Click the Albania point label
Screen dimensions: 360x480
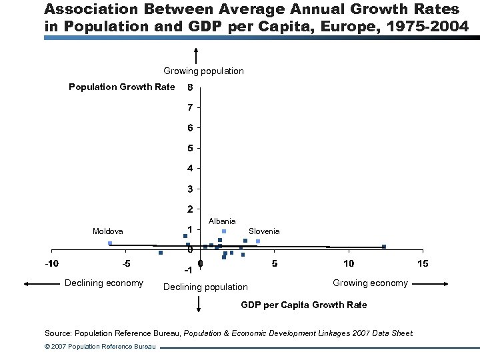coord(222,221)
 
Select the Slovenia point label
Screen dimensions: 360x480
coord(264,231)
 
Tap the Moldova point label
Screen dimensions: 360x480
coord(107,231)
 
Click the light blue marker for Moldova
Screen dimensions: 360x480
coord(110,243)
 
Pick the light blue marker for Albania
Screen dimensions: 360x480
coord(224,231)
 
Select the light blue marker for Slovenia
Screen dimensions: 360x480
coord(258,241)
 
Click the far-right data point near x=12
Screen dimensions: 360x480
coord(384,247)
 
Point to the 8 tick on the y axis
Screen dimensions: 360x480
coord(190,87)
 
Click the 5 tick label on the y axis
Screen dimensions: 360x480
coord(190,148)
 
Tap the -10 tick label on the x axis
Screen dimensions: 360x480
coord(51,263)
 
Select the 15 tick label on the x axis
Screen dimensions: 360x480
coord(422,263)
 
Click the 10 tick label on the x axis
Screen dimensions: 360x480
coord(349,263)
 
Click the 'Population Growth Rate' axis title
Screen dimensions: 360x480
coord(122,87)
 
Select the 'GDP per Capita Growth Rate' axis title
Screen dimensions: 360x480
coord(303,305)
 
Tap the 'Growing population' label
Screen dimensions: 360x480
coord(203,71)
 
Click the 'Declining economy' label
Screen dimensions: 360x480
coord(103,283)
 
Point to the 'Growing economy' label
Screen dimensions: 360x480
coord(370,283)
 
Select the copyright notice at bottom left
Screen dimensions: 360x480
coord(99,347)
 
